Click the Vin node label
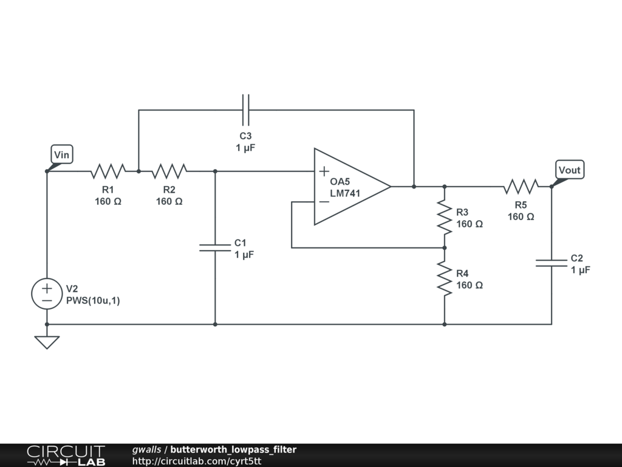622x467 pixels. coord(62,154)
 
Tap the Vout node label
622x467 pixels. coord(570,170)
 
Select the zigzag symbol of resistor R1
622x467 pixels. coord(108,171)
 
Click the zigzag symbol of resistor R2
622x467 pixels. coord(169,171)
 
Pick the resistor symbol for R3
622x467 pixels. coord(445,217)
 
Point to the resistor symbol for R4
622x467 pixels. coord(445,278)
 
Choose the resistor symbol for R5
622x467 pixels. coord(521,186)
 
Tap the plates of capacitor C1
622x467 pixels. coord(215,248)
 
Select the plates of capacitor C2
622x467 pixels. coord(552,263)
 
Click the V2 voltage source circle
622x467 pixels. coord(47,294)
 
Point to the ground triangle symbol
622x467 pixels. coord(47,342)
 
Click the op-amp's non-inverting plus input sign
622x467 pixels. coord(324,171)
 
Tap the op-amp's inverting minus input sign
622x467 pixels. coord(324,202)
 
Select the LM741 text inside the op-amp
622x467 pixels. coord(345,193)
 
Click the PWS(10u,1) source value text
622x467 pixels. coord(93,300)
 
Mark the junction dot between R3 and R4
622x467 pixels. coord(445,248)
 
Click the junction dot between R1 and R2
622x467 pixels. coord(138,171)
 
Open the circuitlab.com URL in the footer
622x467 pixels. coord(197,461)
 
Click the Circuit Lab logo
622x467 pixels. coord(66,455)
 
